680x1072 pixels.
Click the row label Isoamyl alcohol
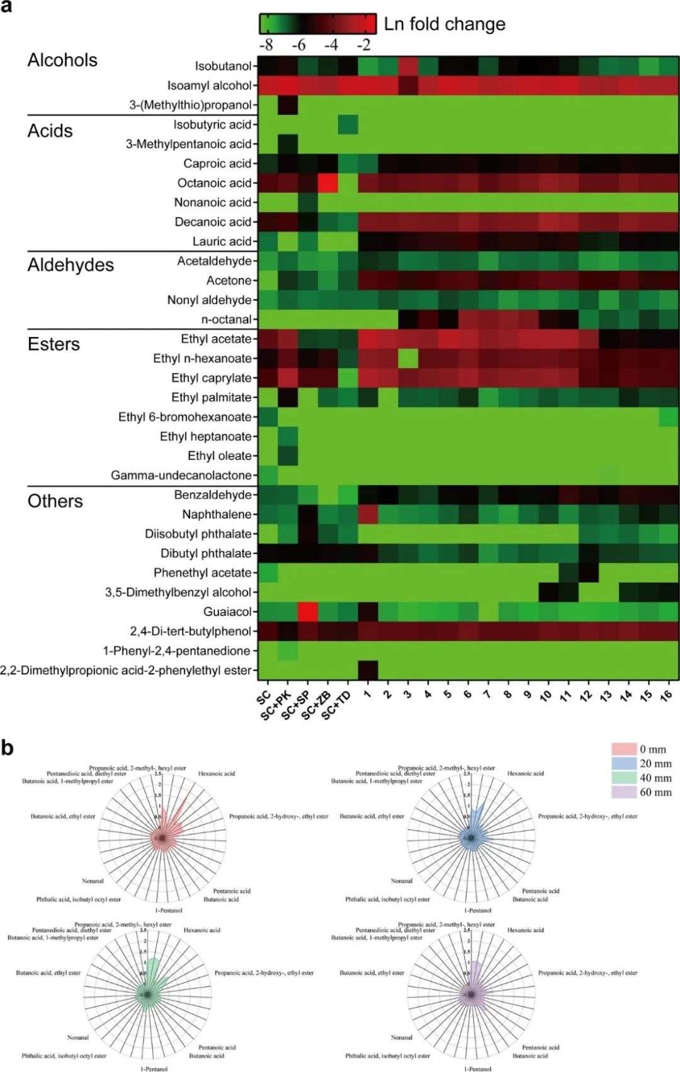click(209, 86)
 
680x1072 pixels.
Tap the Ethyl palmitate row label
click(211, 397)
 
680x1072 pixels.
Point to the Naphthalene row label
click(217, 515)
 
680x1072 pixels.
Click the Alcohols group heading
click(62, 60)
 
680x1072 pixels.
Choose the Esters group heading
click(54, 344)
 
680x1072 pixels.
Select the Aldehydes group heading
click(71, 265)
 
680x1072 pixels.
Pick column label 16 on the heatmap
click(667, 695)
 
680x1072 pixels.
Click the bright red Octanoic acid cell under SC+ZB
click(327, 183)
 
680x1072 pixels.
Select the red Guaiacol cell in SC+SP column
click(308, 612)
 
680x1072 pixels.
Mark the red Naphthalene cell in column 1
click(368, 515)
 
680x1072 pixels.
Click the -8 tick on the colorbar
click(266, 45)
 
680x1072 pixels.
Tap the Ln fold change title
click(445, 24)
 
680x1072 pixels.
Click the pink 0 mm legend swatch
click(623, 749)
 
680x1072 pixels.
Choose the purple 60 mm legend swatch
click(623, 792)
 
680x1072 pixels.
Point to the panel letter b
click(8, 748)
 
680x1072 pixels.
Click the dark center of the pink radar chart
click(162, 838)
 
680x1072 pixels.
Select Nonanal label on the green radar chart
click(78, 1037)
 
